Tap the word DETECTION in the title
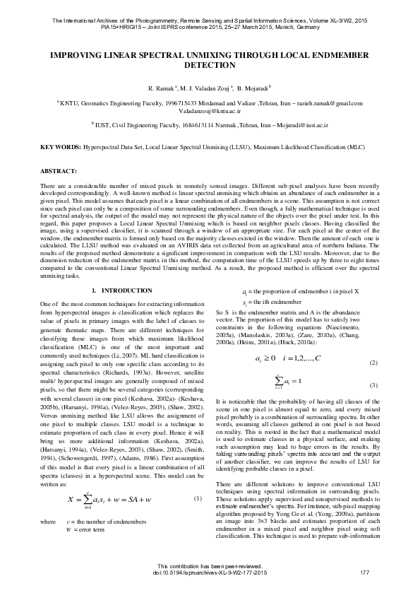(210, 64)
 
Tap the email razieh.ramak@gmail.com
(327, 103)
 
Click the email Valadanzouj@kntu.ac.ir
(210, 111)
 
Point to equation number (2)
(373, 363)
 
